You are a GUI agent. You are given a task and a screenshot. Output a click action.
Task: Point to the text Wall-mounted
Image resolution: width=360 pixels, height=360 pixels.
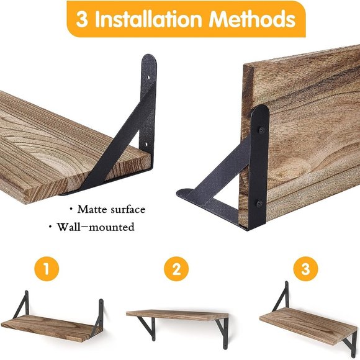pos(95,227)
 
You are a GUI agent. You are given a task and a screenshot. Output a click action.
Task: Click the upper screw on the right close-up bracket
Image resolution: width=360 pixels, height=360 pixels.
pos(261,130)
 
